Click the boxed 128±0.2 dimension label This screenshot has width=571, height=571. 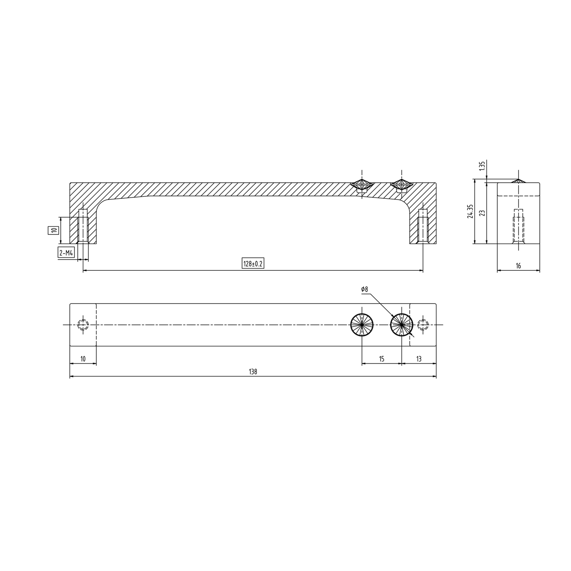coord(253,264)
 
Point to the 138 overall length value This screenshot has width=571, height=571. coord(253,371)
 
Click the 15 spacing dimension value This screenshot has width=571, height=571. coord(382,359)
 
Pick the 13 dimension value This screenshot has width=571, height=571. coord(419,359)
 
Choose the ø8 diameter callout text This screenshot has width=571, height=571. coord(364,290)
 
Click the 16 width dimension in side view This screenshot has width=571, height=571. coord(518,266)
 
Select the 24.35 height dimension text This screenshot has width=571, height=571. coord(469,211)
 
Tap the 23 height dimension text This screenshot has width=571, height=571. coord(481,213)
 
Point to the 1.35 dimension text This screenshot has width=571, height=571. coord(481,166)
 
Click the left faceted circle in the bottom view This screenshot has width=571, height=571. coord(362,325)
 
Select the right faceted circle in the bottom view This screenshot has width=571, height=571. coord(401,325)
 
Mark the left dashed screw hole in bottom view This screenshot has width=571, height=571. coord(83,325)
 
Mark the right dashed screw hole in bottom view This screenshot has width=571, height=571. coord(423,325)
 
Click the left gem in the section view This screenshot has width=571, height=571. coord(362,185)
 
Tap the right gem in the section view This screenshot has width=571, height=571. coord(401,184)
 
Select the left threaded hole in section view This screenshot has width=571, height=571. coord(83,226)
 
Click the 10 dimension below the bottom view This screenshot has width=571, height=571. coord(83,359)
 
